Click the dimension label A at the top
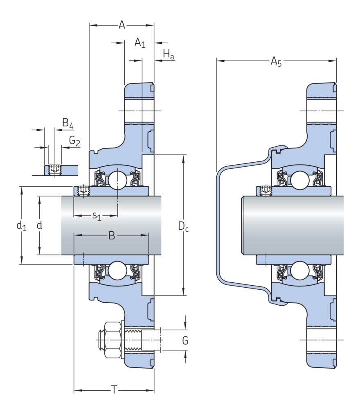tap(122, 25)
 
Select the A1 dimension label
tap(140, 42)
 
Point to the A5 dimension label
tap(276, 61)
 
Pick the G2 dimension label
tap(74, 141)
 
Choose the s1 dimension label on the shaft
tap(97, 215)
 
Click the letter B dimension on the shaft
tap(111, 235)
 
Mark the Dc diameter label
tap(183, 226)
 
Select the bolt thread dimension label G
tap(185, 340)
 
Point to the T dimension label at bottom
tap(115, 390)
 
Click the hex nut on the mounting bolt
tap(112, 340)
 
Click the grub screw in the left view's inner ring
tap(83, 190)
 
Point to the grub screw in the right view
tap(266, 190)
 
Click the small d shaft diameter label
tap(39, 225)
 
